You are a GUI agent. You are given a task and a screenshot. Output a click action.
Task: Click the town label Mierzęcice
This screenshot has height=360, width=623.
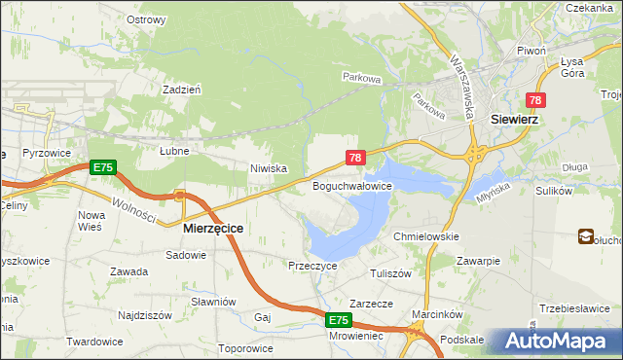(x=213, y=228)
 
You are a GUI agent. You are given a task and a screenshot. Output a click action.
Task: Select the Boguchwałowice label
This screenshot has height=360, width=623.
(x=351, y=185)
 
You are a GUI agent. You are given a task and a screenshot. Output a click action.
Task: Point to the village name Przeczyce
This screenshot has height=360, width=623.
(x=312, y=265)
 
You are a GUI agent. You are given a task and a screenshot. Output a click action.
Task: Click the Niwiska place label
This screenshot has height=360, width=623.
(x=268, y=168)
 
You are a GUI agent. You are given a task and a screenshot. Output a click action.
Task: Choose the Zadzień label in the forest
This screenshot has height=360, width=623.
(x=182, y=89)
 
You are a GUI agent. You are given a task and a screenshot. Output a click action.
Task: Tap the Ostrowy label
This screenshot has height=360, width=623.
(x=146, y=18)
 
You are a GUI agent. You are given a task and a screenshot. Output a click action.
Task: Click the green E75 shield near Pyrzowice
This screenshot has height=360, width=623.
(x=103, y=168)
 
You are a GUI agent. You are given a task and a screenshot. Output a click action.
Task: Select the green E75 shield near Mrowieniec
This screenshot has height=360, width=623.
(x=338, y=320)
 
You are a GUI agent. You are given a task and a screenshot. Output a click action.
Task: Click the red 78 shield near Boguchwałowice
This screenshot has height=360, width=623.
(x=355, y=157)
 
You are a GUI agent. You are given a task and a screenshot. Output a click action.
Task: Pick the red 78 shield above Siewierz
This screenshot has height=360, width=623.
(x=535, y=100)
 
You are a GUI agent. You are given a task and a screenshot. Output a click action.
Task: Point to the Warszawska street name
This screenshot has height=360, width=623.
(x=461, y=85)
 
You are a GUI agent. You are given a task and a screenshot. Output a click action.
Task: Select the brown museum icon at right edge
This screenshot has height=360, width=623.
(x=586, y=235)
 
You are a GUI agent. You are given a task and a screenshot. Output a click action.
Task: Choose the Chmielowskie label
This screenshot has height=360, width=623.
(x=425, y=236)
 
